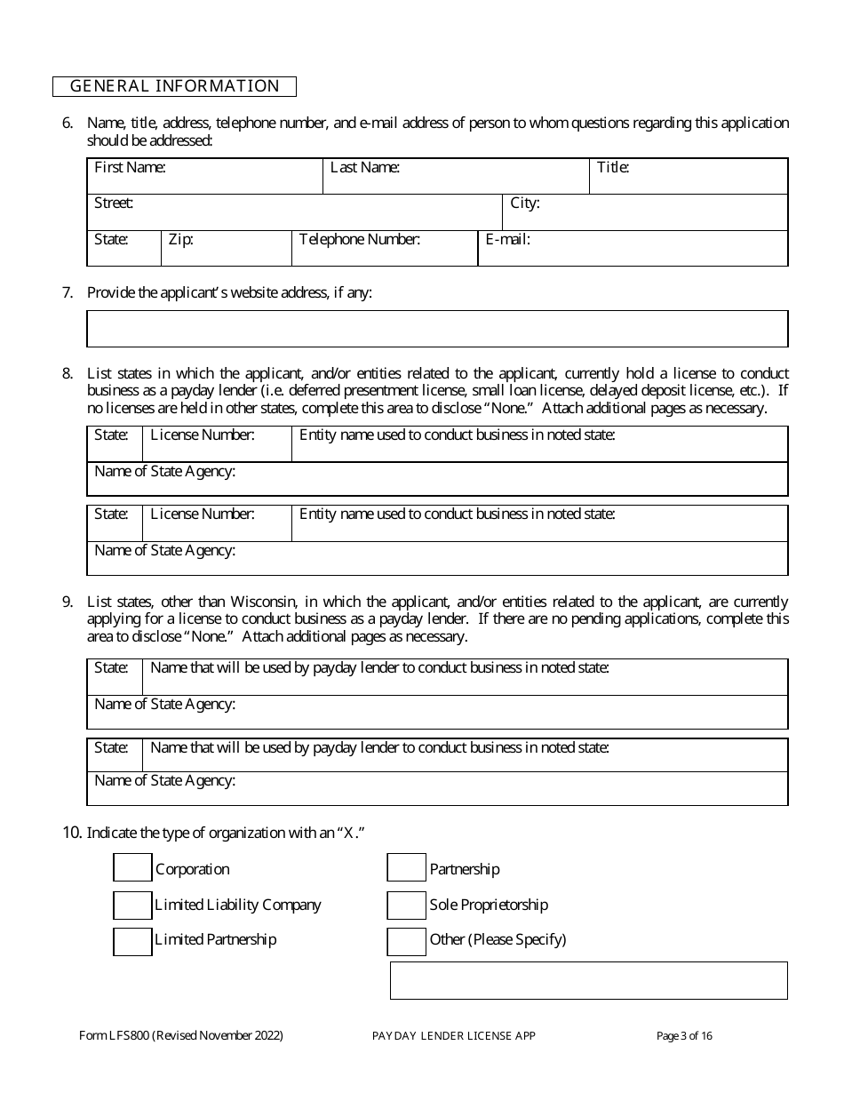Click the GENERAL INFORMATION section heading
tap(174, 86)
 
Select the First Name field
tap(204, 177)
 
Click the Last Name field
tap(455, 177)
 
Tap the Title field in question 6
tap(689, 177)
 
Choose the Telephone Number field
tap(384, 249)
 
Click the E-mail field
tap(633, 249)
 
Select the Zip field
tap(226, 249)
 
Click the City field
tap(645, 212)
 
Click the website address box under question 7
tap(437, 329)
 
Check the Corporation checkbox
tap(132, 868)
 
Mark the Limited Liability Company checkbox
tap(132, 905)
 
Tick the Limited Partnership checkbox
tap(132, 940)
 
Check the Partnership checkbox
tap(406, 868)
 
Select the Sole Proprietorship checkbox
tap(406, 905)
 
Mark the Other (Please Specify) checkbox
tap(406, 940)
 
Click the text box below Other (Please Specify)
tap(588, 980)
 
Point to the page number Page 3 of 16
tap(684, 1035)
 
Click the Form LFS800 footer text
tap(181, 1035)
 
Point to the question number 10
tap(71, 833)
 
